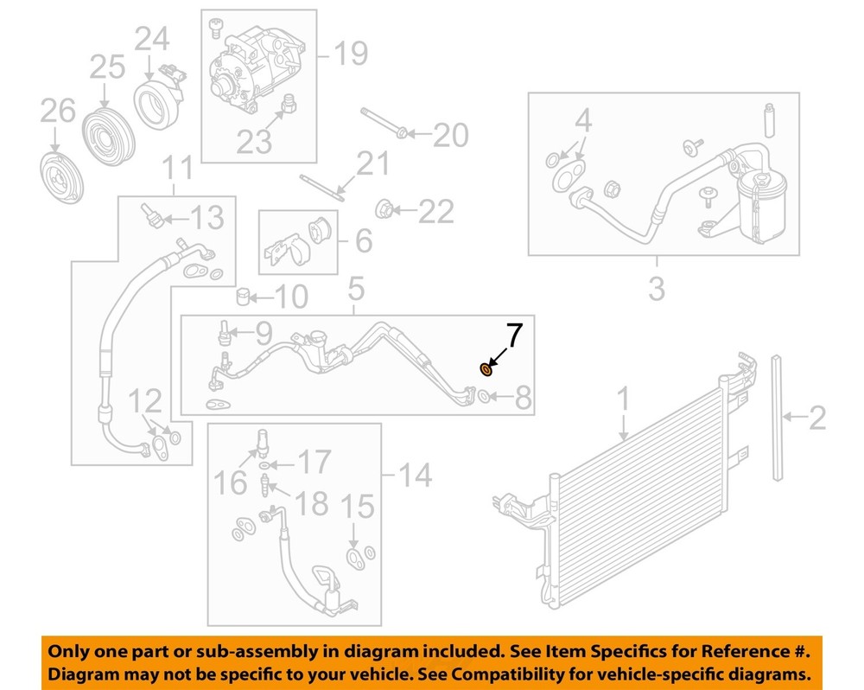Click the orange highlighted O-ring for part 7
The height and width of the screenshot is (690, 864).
pos(486,370)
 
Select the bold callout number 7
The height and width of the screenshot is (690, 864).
pos(513,335)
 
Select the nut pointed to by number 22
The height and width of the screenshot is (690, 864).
pos(386,208)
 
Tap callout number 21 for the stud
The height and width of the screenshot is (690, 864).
pos(372,163)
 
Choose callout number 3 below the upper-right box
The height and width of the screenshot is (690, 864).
pos(657,287)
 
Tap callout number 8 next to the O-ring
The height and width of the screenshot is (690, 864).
pos(523,399)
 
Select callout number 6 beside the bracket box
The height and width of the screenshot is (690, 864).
pos(363,240)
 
